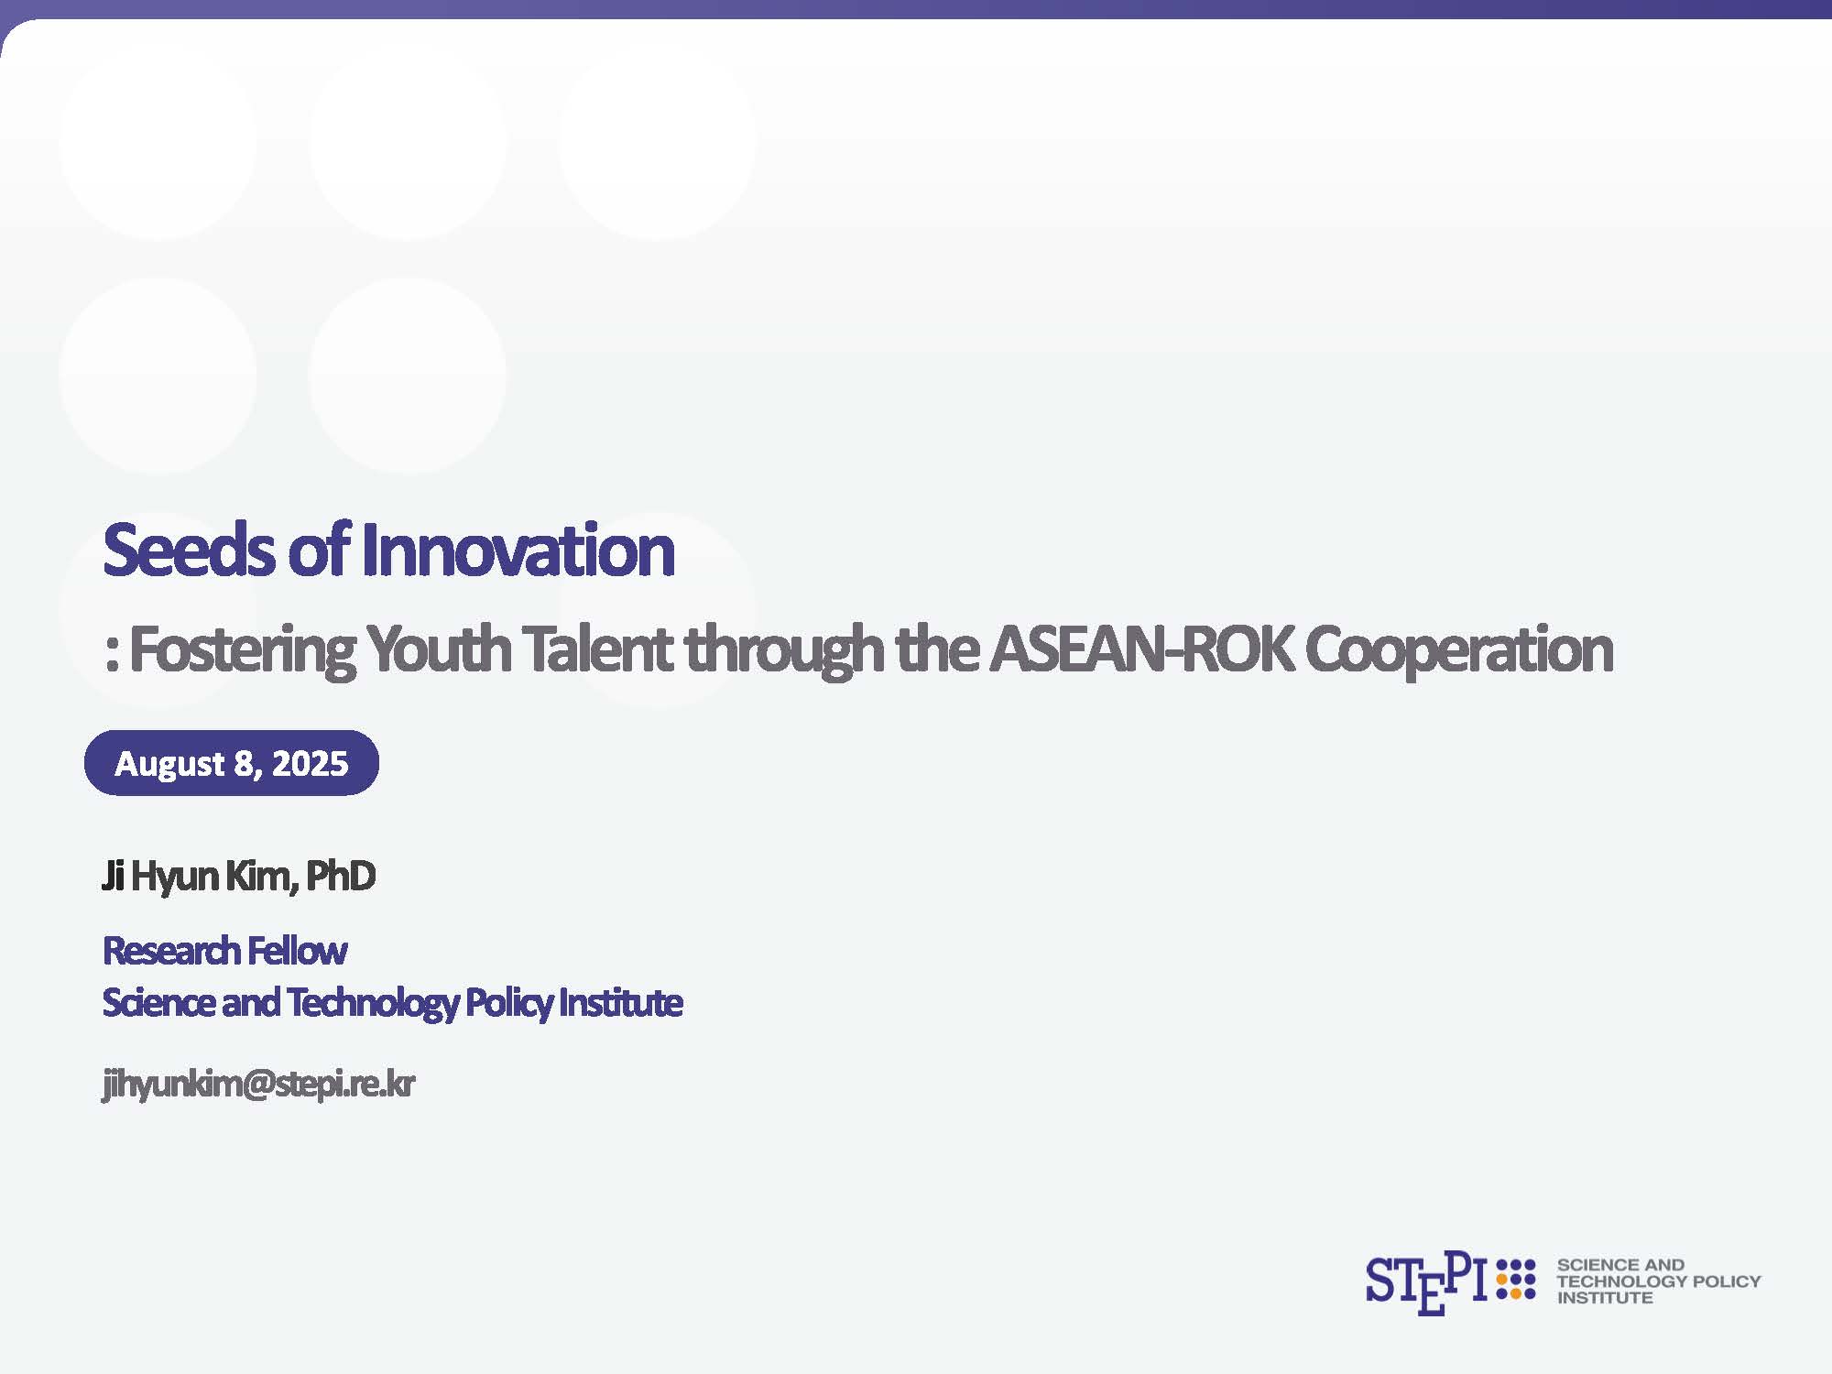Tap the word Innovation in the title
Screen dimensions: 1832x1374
click(518, 550)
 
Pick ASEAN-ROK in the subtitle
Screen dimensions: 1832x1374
click(1141, 649)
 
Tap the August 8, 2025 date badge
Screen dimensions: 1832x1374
click(232, 763)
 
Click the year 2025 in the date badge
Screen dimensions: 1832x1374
click(311, 763)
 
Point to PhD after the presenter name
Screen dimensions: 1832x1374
click(340, 876)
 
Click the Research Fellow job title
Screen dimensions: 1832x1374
click(224, 951)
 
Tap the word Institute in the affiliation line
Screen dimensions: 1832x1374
click(621, 1002)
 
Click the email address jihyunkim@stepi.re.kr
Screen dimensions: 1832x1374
click(258, 1085)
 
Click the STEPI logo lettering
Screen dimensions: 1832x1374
click(1425, 1283)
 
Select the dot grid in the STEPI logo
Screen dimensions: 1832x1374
click(1516, 1280)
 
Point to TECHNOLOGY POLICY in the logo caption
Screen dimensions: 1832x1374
click(1659, 1281)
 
